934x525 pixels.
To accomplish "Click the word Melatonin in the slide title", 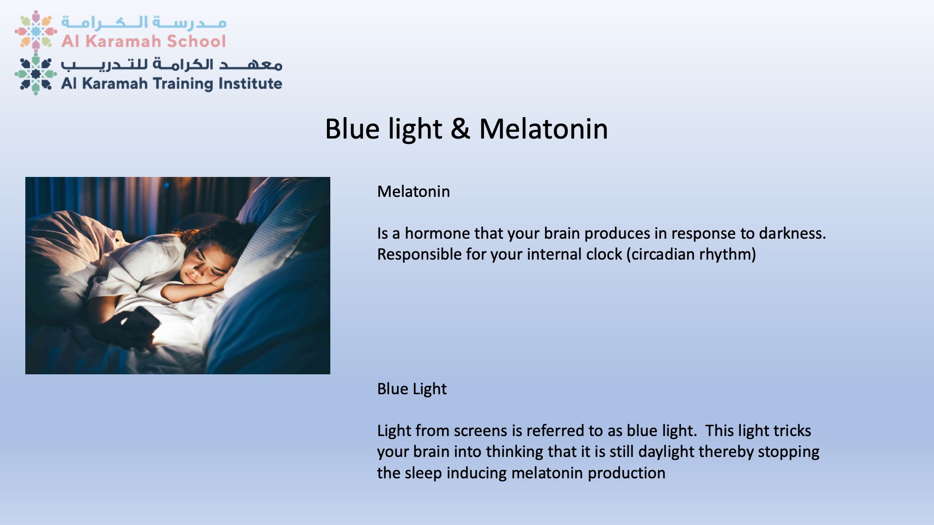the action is [543, 129].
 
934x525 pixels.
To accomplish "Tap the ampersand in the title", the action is [460, 129].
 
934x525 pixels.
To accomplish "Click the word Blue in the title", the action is [352, 129].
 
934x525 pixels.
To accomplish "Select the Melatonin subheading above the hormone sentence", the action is [413, 192].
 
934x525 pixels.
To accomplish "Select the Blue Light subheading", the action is [412, 389].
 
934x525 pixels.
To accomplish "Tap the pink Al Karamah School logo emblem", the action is [36, 31].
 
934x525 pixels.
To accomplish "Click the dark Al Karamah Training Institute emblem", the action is [36, 74].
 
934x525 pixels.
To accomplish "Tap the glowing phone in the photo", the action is [141, 323].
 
